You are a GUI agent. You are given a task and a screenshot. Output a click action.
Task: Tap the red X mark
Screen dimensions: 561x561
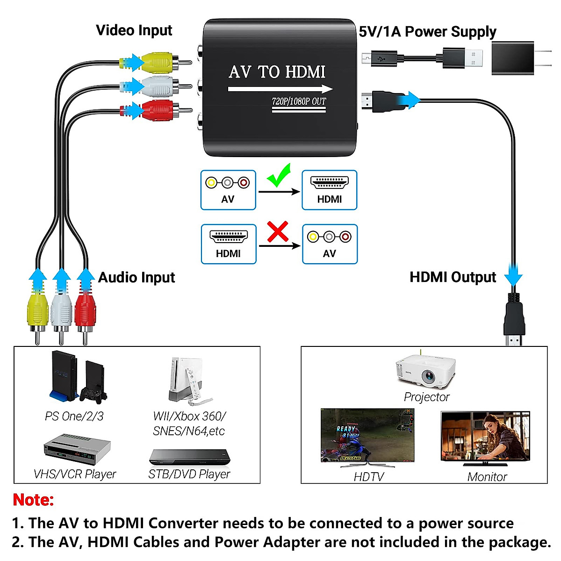278,232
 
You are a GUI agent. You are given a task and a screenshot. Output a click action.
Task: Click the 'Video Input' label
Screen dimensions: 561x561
134,30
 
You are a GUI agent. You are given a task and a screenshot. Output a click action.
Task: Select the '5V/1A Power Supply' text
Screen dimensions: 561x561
427,32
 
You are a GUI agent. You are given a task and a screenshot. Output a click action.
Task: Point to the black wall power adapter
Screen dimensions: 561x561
513,58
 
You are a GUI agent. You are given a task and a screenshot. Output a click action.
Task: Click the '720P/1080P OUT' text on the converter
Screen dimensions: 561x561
299,101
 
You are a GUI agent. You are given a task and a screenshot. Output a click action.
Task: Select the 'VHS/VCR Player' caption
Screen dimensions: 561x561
75,474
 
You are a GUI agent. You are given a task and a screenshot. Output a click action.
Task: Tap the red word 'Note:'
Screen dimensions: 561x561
33,500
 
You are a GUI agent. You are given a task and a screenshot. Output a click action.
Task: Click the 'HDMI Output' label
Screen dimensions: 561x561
453,277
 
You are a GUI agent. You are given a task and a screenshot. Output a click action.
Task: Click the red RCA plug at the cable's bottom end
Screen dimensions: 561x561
85,311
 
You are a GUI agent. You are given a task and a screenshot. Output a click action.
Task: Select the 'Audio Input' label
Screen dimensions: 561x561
137,278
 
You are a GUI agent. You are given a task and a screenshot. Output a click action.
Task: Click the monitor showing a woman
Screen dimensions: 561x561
485,438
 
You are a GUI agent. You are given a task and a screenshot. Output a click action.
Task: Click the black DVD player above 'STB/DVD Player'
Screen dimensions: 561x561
189,456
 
